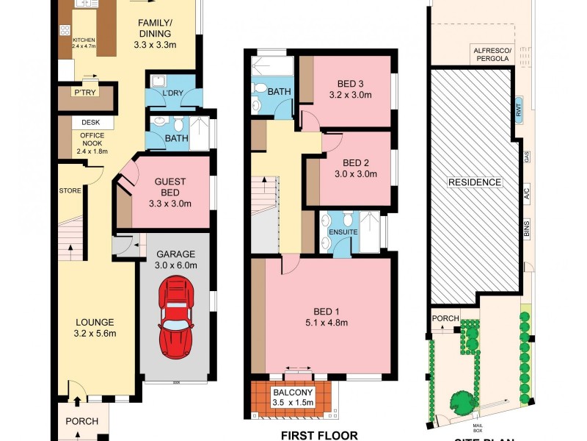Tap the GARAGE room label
tap(176, 254)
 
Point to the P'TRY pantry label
tap(81, 93)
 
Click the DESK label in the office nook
tap(91, 123)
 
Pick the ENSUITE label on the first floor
tap(343, 232)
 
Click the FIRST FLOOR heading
tap(320, 435)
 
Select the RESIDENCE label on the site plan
tap(475, 182)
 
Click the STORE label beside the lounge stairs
tap(70, 191)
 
